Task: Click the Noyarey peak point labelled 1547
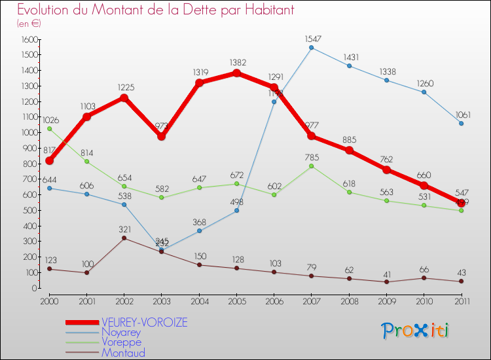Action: [x=311, y=48]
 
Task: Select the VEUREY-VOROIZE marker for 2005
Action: [x=236, y=73]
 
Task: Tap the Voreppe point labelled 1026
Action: [x=49, y=128]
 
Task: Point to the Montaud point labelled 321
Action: [x=124, y=238]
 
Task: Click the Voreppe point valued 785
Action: [x=311, y=166]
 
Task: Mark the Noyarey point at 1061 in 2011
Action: [x=461, y=123]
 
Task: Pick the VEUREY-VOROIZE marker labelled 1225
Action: [x=124, y=98]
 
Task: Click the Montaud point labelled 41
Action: [x=386, y=282]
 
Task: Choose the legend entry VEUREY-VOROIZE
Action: [x=144, y=323]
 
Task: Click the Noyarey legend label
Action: [x=121, y=333]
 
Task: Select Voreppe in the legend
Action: [x=121, y=342]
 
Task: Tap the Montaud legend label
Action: [x=123, y=353]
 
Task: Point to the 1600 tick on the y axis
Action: [x=30, y=39]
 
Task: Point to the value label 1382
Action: [x=236, y=62]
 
